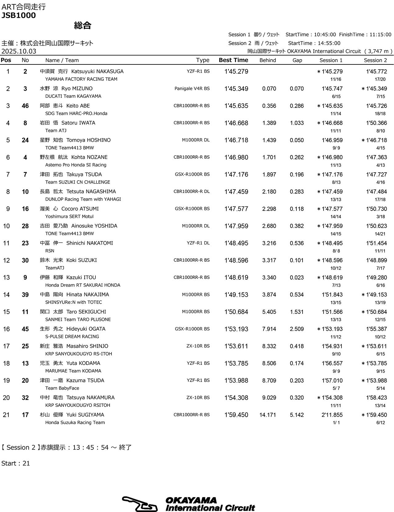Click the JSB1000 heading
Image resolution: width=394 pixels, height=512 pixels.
tap(19, 15)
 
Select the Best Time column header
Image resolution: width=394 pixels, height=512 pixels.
tap(233, 60)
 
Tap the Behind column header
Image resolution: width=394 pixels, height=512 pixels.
tap(267, 60)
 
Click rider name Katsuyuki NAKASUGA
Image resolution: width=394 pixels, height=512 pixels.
tap(97, 72)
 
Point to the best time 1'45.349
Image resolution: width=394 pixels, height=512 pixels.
tap(236, 89)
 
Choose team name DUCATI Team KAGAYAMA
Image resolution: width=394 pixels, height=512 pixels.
tap(73, 96)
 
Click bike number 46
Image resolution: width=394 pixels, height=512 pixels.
tap(25, 106)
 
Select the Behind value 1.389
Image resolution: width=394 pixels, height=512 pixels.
tap(269, 123)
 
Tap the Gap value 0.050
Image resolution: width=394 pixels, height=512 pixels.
tap(297, 140)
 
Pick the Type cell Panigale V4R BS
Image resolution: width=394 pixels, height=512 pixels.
tap(192, 89)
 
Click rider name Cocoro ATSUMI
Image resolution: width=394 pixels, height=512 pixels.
tap(80, 209)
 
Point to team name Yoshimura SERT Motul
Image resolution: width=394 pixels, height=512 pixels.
tap(69, 216)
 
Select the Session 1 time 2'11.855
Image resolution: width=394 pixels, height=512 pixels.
tap(332, 415)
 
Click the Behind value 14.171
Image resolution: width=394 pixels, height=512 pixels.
tap(268, 415)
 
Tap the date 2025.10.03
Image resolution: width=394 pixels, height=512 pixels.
tap(19, 51)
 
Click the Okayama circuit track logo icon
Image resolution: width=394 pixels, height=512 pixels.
tap(140, 504)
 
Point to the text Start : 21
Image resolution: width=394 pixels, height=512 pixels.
tap(16, 463)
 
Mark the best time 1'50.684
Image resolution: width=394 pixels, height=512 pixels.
tap(236, 312)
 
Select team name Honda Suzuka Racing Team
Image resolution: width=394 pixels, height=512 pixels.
tap(75, 422)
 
